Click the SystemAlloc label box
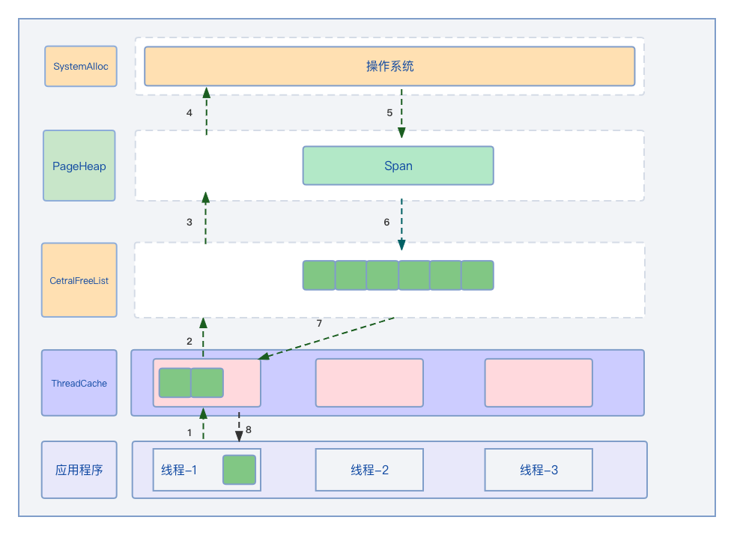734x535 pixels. (81, 67)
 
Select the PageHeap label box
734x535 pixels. (79, 166)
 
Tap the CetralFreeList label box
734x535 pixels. (79, 280)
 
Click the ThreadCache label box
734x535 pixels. (79, 383)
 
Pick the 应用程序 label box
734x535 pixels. (79, 470)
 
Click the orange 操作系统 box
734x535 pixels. (389, 67)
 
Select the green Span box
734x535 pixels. (398, 166)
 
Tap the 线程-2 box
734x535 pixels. (369, 470)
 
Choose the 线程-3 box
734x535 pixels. (539, 470)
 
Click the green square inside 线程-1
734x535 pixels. (239, 470)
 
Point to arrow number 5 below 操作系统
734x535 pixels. (401, 113)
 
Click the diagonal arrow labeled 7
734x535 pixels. (327, 338)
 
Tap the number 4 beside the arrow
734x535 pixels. (189, 113)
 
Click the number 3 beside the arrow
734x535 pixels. (189, 223)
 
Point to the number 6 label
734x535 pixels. (386, 223)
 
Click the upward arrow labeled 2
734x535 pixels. (203, 337)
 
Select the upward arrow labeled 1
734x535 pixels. (203, 424)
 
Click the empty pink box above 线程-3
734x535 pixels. (539, 383)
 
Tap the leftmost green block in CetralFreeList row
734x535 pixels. (318, 275)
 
